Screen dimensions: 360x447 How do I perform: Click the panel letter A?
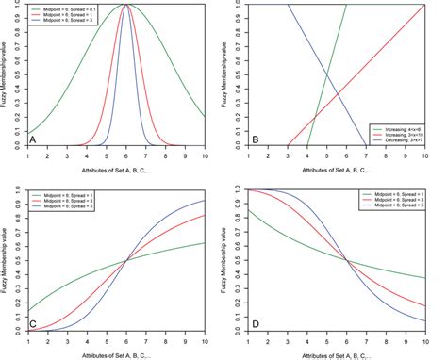coord(33,139)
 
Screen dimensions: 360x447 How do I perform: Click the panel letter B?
coord(255,139)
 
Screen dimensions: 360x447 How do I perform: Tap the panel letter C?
coord(33,322)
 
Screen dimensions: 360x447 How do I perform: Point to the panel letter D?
coord(255,322)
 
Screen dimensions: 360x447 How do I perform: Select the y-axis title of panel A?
coord(7,75)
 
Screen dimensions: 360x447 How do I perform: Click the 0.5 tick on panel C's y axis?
coord(18,260)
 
